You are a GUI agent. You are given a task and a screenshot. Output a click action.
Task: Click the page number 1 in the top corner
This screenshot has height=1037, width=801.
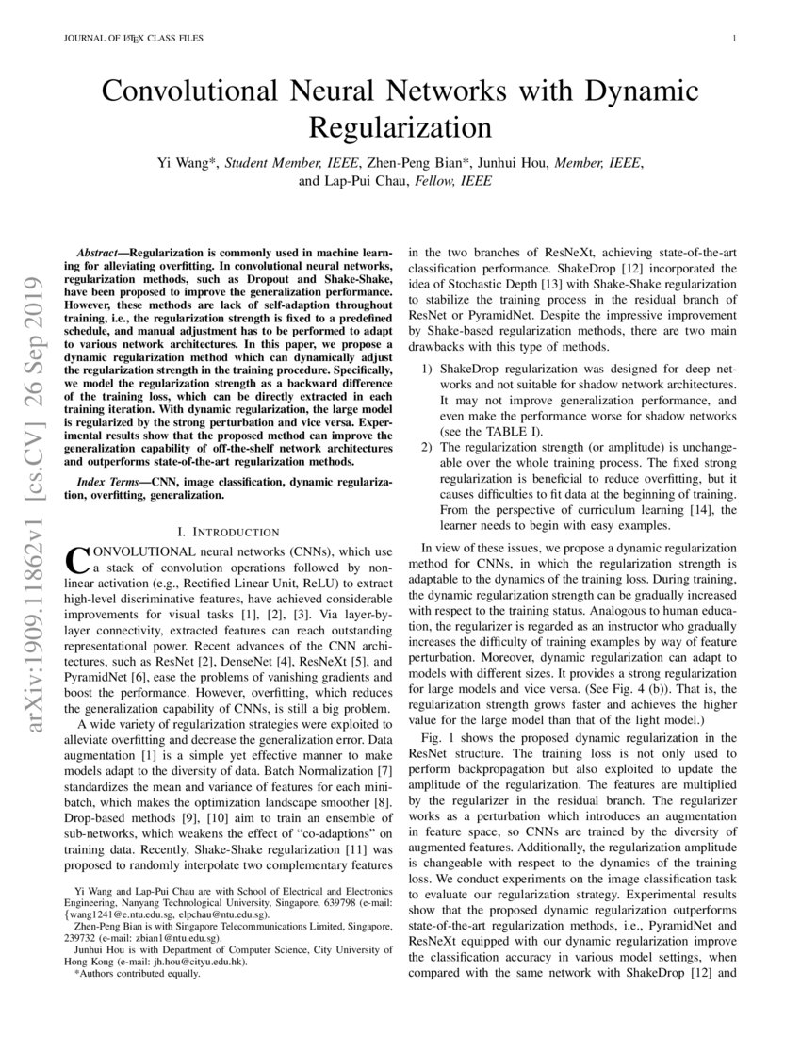point(732,39)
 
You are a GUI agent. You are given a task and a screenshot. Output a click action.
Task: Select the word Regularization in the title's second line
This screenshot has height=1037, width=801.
point(400,126)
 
